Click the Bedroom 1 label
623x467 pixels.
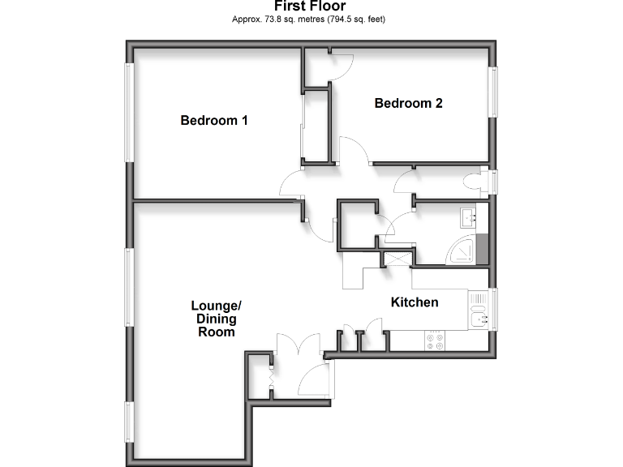point(213,121)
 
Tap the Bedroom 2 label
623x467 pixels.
point(407,103)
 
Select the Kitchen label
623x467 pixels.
point(415,302)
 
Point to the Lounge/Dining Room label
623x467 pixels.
point(216,319)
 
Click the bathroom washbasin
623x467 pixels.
point(469,216)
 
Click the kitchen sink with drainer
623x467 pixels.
point(479,309)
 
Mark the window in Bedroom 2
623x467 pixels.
point(492,92)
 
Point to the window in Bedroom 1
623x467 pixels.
point(128,113)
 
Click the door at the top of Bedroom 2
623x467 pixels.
point(340,66)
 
